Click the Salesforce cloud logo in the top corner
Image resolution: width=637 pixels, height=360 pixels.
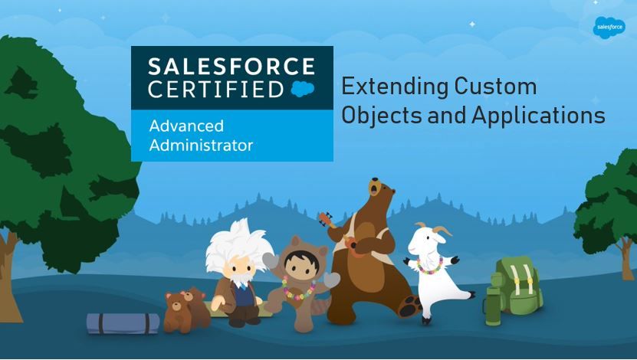pos(609,28)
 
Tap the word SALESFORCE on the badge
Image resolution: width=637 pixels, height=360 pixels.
pos(231,67)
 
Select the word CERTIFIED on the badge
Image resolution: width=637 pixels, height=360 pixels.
pos(215,90)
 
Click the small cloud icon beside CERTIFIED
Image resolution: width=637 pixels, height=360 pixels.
pos(303,89)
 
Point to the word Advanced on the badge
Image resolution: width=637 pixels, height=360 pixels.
pos(186,126)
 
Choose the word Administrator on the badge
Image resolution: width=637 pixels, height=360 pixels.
pos(201,146)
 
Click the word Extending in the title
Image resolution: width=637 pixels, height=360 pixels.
pos(394,87)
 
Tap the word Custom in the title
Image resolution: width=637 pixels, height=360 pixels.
pos(496,86)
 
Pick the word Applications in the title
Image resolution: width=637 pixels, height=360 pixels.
pos(538,116)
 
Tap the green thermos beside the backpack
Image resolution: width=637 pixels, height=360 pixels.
pos(493,306)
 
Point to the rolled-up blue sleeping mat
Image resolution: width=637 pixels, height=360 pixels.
pos(123,323)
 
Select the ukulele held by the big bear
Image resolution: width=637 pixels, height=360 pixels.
pos(340,234)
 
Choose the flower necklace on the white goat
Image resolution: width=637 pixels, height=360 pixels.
pos(430,266)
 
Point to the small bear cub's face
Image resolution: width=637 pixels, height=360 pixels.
pos(176,303)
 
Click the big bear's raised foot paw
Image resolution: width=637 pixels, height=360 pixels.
pos(409,307)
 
